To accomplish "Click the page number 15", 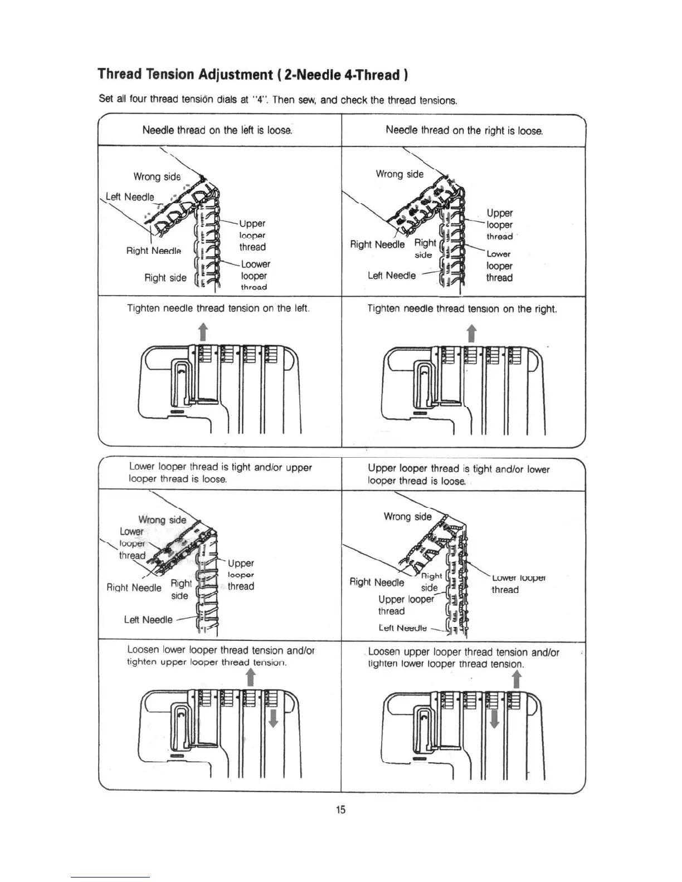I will pyautogui.click(x=340, y=810).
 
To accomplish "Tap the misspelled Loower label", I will pyautogui.click(x=255, y=264).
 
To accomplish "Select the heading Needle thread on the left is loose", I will pyautogui.click(x=217, y=130).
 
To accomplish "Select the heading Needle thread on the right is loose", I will pyautogui.click(x=464, y=130).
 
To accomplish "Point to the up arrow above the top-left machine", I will pyautogui.click(x=203, y=331).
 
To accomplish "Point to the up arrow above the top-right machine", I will pyautogui.click(x=471, y=333).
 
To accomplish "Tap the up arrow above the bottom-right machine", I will pyautogui.click(x=517, y=679).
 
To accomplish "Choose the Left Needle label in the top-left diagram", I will pyautogui.click(x=130, y=197).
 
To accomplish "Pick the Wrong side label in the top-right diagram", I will pyautogui.click(x=400, y=174).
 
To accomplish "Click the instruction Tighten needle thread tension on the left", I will pyautogui.click(x=218, y=308).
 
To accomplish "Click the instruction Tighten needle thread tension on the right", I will pyautogui.click(x=462, y=308).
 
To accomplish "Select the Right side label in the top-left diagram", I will pyautogui.click(x=165, y=278).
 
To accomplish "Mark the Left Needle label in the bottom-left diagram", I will pyautogui.click(x=148, y=620).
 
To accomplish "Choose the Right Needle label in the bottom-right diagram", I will pyautogui.click(x=377, y=582).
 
